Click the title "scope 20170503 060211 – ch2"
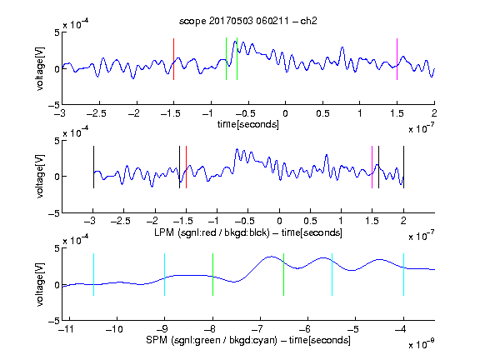tap(248, 21)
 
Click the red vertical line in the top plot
tap(173, 59)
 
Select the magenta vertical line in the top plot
tap(397, 59)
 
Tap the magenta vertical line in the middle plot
tap(372, 167)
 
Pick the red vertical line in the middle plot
tap(186, 167)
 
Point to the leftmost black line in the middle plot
tap(93, 167)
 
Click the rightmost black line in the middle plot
tap(403, 167)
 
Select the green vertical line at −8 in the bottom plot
tap(212, 275)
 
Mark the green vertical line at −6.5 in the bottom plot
tap(284, 275)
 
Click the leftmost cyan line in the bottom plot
tap(93, 275)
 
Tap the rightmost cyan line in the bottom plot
tap(403, 275)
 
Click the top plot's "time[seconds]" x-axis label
tap(248, 124)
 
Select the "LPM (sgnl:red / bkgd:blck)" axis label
tap(212, 232)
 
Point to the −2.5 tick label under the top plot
tap(96, 113)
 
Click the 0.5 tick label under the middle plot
tap(310, 221)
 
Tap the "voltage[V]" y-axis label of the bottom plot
tap(40, 284)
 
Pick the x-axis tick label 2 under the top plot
tap(434, 113)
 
